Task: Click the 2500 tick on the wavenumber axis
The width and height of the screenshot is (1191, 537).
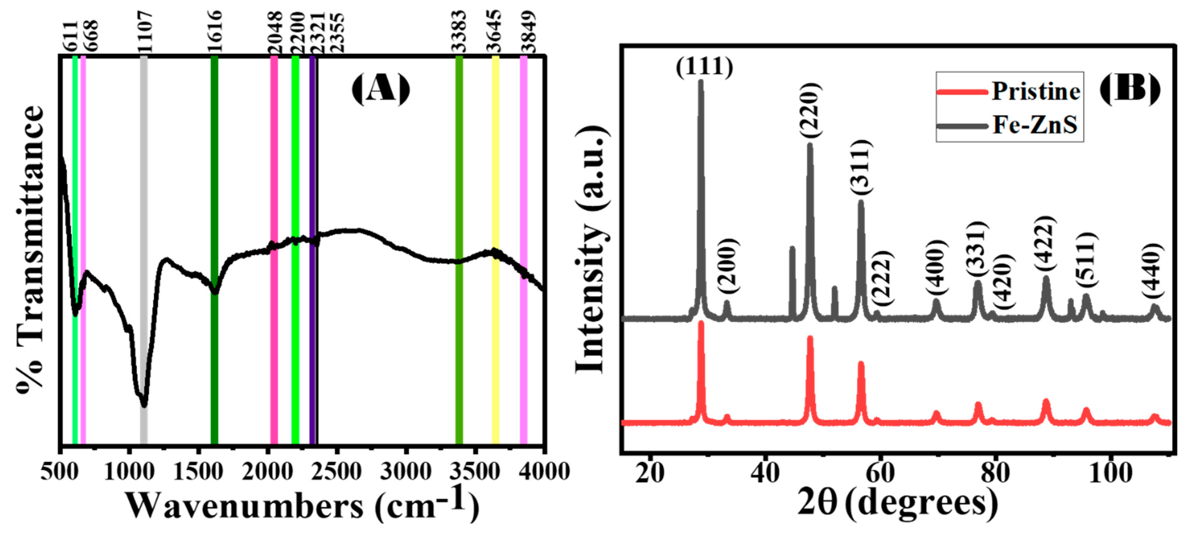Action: (x=336, y=472)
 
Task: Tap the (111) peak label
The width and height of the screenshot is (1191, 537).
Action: (x=704, y=67)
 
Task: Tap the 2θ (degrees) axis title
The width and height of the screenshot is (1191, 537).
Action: (x=897, y=504)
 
